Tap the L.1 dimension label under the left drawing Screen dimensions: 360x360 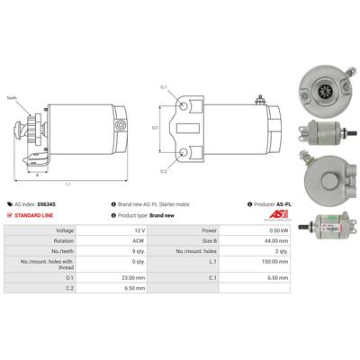69,184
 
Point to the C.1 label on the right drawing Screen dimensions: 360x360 164,87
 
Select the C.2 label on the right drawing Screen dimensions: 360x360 164,170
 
